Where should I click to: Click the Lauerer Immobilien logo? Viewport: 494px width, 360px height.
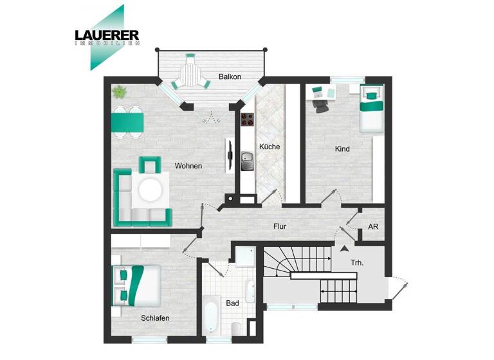[105, 37]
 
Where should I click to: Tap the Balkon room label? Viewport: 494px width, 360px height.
[230, 77]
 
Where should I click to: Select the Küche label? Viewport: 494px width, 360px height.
[270, 147]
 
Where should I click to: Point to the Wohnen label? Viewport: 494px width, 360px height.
[188, 166]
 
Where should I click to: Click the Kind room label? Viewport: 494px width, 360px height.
[342, 149]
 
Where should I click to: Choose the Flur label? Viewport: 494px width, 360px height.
[279, 226]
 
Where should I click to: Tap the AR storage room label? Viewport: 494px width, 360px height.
[373, 227]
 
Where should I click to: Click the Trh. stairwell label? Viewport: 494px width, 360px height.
[358, 263]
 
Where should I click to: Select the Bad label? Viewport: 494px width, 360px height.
[232, 302]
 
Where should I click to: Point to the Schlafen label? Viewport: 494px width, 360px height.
[156, 318]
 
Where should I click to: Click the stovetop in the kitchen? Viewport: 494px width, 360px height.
[248, 119]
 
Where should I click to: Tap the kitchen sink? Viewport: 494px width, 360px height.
[248, 160]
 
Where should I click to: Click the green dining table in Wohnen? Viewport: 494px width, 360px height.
[127, 122]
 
